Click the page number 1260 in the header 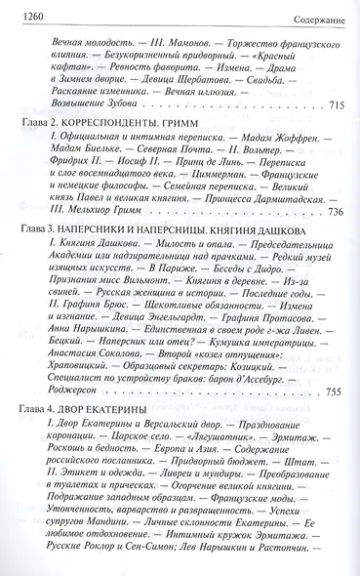pos(22,10)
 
